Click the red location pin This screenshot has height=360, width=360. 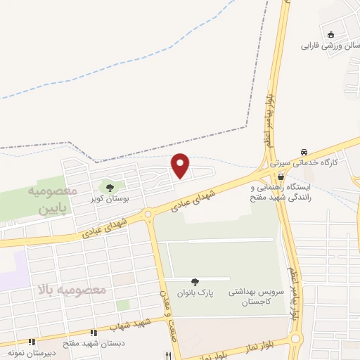coord(181,165)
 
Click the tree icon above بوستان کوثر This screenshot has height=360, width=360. coord(108,187)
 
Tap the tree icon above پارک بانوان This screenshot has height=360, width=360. coord(195,281)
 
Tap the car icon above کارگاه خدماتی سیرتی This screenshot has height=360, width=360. coord(303,151)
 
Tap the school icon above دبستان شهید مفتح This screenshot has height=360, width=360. coord(93,333)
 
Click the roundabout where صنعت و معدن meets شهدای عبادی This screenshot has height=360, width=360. coord(148,214)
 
